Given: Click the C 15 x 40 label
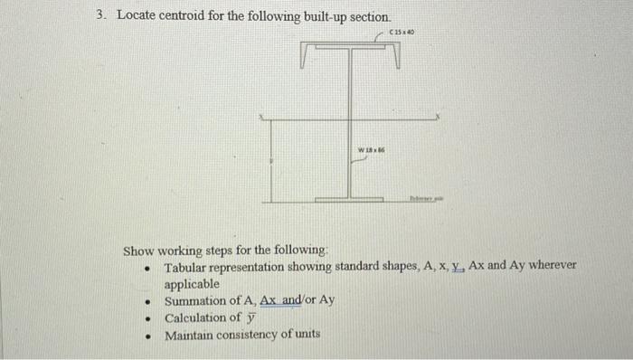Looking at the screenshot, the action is (401, 33).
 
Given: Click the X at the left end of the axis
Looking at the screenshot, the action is (262, 117).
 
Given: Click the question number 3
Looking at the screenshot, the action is (101, 16).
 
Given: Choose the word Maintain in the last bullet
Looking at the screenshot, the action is (191, 335).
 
